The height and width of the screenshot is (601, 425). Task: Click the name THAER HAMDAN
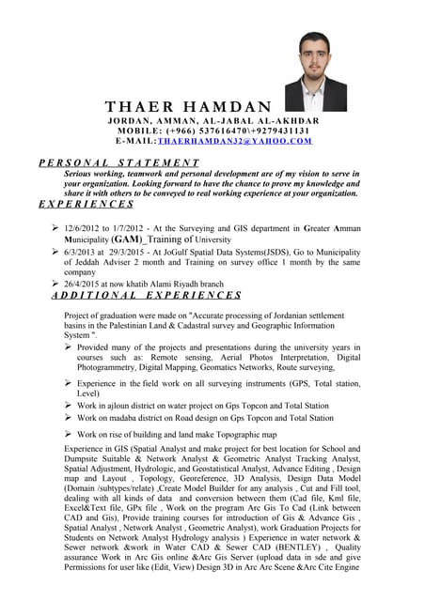coord(188,106)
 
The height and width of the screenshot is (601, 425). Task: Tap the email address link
coord(235,141)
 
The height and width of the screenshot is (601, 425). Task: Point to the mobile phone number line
coord(213,131)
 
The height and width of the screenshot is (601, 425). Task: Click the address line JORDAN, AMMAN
coord(213,121)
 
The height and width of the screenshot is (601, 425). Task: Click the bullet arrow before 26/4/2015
coord(55,282)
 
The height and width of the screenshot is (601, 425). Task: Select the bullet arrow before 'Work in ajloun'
coord(69,405)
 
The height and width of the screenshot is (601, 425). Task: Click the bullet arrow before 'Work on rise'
coord(69,435)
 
